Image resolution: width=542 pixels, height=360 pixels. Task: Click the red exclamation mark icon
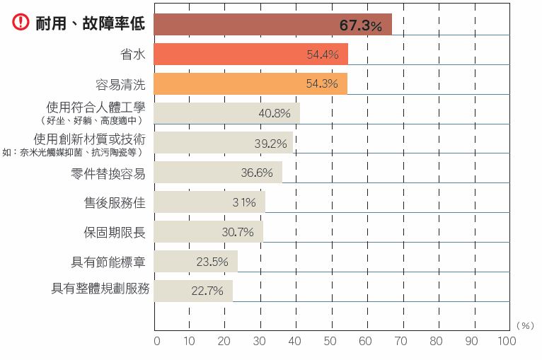[x=21, y=23]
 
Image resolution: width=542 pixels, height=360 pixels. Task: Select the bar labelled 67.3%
[x=272, y=24]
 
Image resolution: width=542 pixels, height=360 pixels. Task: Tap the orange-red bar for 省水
[x=250, y=54]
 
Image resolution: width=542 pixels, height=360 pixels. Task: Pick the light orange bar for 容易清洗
[x=250, y=83]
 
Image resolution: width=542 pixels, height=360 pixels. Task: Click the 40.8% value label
[x=275, y=113]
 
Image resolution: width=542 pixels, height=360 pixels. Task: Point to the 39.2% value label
[x=270, y=143]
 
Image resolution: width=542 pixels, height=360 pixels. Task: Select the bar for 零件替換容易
[x=218, y=173]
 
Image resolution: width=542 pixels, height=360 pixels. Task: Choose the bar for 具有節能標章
[x=195, y=261]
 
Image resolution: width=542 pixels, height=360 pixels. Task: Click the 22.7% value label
[x=207, y=291]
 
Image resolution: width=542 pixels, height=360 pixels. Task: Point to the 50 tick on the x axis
[x=330, y=341]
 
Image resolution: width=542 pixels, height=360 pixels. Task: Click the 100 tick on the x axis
[x=507, y=341]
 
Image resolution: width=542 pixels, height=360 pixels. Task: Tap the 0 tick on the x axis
[x=156, y=341]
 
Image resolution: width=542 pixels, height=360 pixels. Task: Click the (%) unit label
[x=525, y=325]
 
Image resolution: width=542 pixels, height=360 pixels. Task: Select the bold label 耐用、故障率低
[x=90, y=23]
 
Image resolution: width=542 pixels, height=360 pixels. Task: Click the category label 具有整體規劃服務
[x=100, y=289]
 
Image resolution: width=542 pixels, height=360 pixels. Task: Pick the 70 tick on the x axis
[x=400, y=341]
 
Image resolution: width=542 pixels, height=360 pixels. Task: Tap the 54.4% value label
[x=322, y=54]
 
